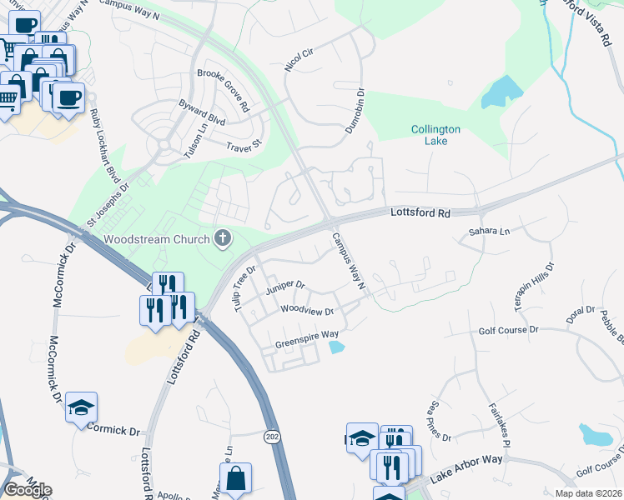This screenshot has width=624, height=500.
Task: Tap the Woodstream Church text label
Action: [x=155, y=240]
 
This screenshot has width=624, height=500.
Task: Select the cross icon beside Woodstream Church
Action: [x=222, y=239]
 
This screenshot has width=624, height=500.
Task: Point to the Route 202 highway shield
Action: [x=272, y=437]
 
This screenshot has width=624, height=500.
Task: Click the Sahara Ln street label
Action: [x=488, y=231]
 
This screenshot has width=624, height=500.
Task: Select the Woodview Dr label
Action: [x=307, y=311]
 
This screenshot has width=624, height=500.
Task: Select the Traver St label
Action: [x=244, y=145]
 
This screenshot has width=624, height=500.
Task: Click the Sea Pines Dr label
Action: [x=440, y=420]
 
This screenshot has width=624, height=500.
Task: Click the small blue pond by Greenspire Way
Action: [x=336, y=347]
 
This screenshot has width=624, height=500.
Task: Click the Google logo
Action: [x=27, y=489]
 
